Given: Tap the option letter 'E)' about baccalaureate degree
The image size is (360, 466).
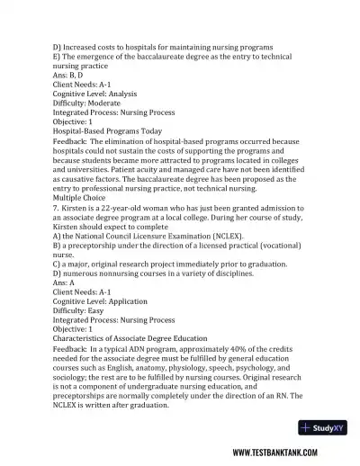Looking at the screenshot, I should pyautogui.click(x=58, y=56).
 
